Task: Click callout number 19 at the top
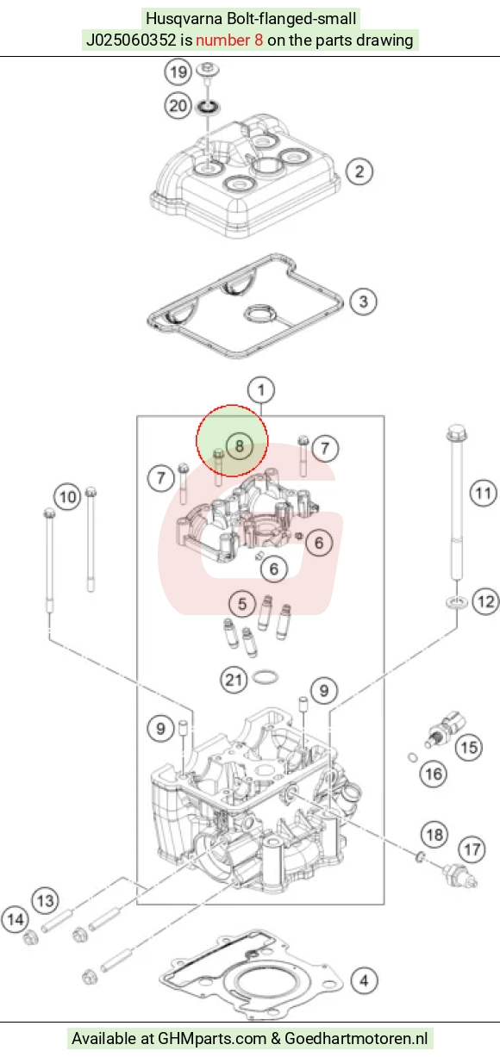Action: [178, 72]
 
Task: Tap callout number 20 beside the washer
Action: [178, 105]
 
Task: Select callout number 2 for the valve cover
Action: [359, 171]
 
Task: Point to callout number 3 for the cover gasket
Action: [363, 302]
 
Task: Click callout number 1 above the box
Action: [261, 390]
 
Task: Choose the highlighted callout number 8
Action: [240, 446]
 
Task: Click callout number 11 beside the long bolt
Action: [483, 494]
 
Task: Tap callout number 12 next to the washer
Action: [486, 601]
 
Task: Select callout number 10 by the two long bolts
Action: [68, 497]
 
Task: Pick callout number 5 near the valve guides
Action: [242, 604]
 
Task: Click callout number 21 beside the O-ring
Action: [234, 680]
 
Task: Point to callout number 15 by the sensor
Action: [469, 747]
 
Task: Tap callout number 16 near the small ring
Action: [434, 774]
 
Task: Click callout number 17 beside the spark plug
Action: [472, 850]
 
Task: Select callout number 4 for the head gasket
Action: [364, 981]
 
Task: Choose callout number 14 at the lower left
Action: [16, 919]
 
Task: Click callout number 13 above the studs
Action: [46, 901]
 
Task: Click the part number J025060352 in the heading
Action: [131, 40]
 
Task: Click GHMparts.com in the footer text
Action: [212, 1039]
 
